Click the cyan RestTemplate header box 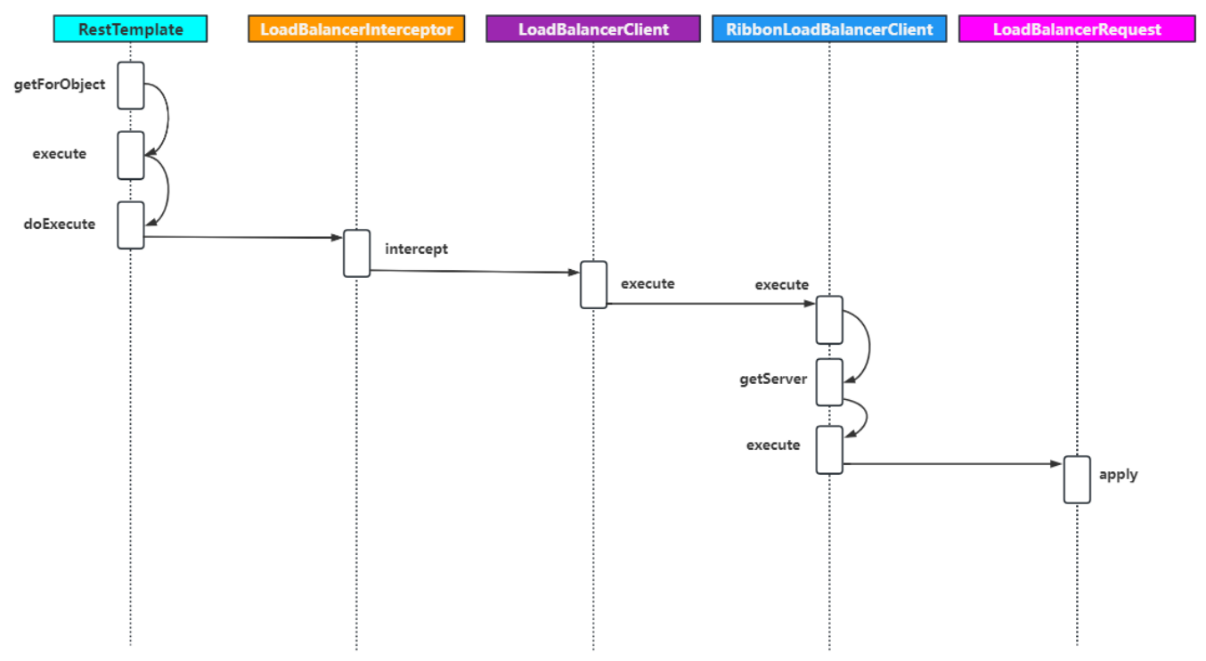[130, 29]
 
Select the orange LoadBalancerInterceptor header [356, 29]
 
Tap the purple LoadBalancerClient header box [593, 29]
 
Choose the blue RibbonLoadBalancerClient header [829, 29]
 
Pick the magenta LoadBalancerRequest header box [1077, 29]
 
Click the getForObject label [60, 85]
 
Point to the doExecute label [60, 224]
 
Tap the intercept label [416, 249]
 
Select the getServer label [773, 379]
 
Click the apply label [1118, 474]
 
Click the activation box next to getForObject [131, 86]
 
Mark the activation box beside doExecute [131, 224]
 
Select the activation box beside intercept [357, 253]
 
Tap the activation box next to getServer [829, 382]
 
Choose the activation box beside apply [1077, 479]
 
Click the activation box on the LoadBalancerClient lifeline [593, 284]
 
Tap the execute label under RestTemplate [60, 153]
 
